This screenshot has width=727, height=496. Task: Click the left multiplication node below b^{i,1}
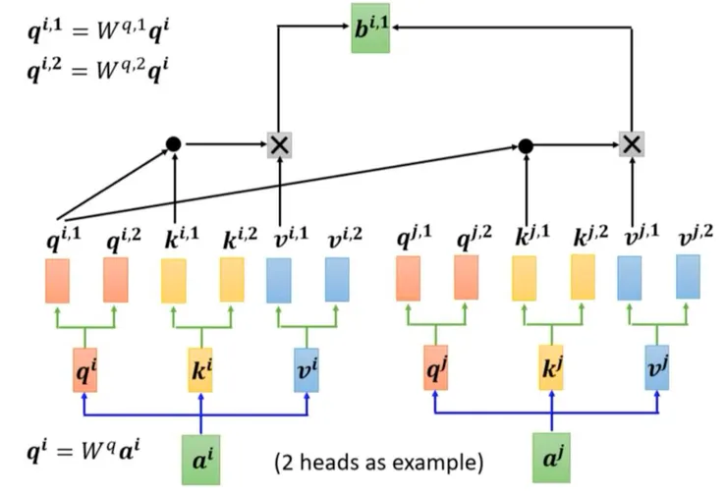point(280,144)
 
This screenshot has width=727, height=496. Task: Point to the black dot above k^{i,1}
point(174,144)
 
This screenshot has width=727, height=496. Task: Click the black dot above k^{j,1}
point(526,146)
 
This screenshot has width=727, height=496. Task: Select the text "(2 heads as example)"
point(378,463)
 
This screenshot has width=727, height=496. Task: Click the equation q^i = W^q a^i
point(84,456)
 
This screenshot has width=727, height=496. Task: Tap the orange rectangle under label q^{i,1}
point(58,280)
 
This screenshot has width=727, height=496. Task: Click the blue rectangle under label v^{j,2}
point(688,277)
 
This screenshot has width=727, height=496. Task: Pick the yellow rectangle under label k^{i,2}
point(232,279)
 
